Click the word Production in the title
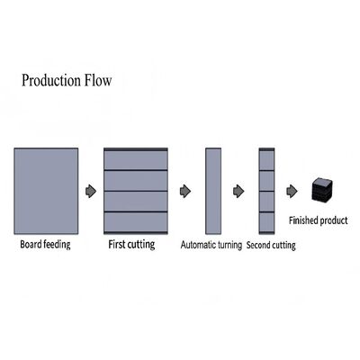point(51,80)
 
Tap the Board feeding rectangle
point(46,191)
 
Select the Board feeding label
point(45,244)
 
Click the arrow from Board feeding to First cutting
point(91,191)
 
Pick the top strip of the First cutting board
point(136,160)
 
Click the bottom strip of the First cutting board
point(136,222)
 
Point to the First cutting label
point(131,244)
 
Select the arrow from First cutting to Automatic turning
point(185,191)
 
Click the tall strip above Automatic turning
point(213,191)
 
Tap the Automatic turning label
point(211,245)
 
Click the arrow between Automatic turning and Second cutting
point(238,191)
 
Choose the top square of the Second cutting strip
point(266,160)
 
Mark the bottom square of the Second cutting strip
point(266,222)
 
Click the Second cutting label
point(271,245)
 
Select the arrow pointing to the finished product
point(292,191)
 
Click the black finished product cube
point(322,190)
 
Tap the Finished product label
point(319,220)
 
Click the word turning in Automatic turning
point(229,245)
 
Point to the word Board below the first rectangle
point(30,244)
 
